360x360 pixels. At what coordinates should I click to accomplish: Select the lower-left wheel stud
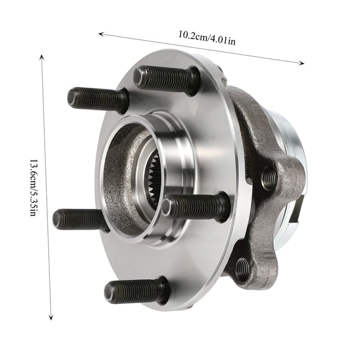82,219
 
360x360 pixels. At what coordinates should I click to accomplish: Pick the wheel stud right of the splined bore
195,207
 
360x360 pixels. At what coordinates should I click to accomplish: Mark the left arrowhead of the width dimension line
101,34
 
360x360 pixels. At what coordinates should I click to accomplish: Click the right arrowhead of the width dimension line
302,63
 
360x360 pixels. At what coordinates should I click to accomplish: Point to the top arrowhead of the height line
41,58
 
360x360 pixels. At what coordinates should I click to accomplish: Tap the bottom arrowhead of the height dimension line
51,317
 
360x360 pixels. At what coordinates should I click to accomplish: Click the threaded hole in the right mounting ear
269,178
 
